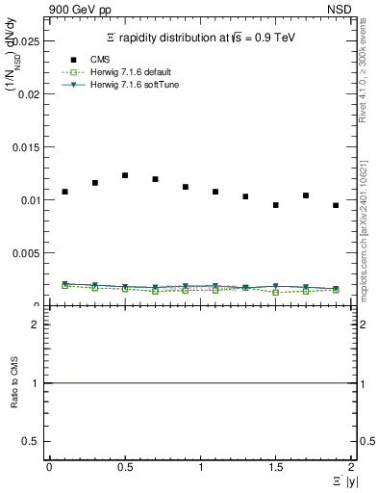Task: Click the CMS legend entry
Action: (91, 60)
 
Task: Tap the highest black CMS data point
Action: (125, 175)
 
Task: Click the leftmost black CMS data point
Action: (64, 192)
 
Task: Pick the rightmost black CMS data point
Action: (336, 205)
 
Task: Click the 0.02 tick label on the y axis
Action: (27, 94)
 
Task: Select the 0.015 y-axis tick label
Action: (27, 147)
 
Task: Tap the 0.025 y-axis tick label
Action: (27, 41)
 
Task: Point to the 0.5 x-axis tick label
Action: (125, 467)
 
